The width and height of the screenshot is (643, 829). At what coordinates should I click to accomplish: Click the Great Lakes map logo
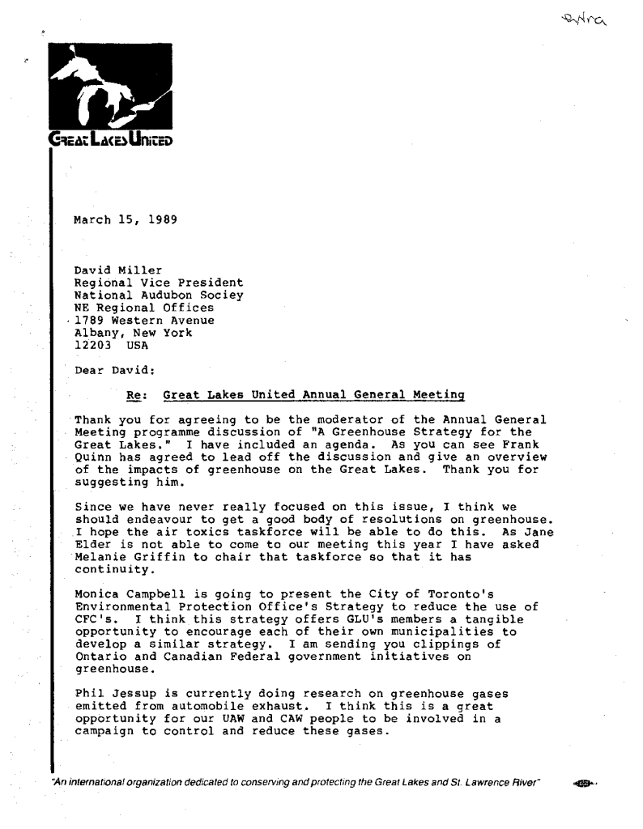[x=112, y=89]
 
